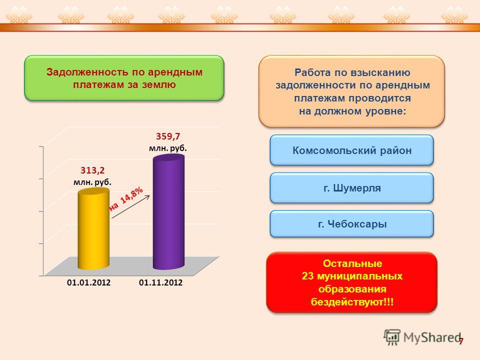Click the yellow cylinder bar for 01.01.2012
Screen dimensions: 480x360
(x=93, y=229)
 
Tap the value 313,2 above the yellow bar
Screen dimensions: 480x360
(x=92, y=170)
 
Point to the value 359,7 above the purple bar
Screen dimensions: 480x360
(x=168, y=136)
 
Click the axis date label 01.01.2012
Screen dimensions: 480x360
(x=88, y=282)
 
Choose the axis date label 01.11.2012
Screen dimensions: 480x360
(x=160, y=282)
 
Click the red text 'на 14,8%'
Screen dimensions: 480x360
(x=126, y=198)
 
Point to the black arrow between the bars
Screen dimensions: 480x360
(x=130, y=206)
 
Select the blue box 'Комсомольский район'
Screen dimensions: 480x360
(x=351, y=150)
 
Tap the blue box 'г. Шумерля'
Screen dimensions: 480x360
(x=351, y=188)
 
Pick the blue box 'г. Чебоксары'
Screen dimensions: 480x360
(x=351, y=224)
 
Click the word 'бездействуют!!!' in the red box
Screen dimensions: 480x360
(x=352, y=302)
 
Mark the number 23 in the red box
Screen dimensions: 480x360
(x=308, y=276)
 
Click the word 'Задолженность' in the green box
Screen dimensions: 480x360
(x=87, y=72)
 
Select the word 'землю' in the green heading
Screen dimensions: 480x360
(x=159, y=85)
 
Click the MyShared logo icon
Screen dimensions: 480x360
(x=392, y=337)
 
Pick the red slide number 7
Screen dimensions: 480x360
(x=461, y=341)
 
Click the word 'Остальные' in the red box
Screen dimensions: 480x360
(x=352, y=263)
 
